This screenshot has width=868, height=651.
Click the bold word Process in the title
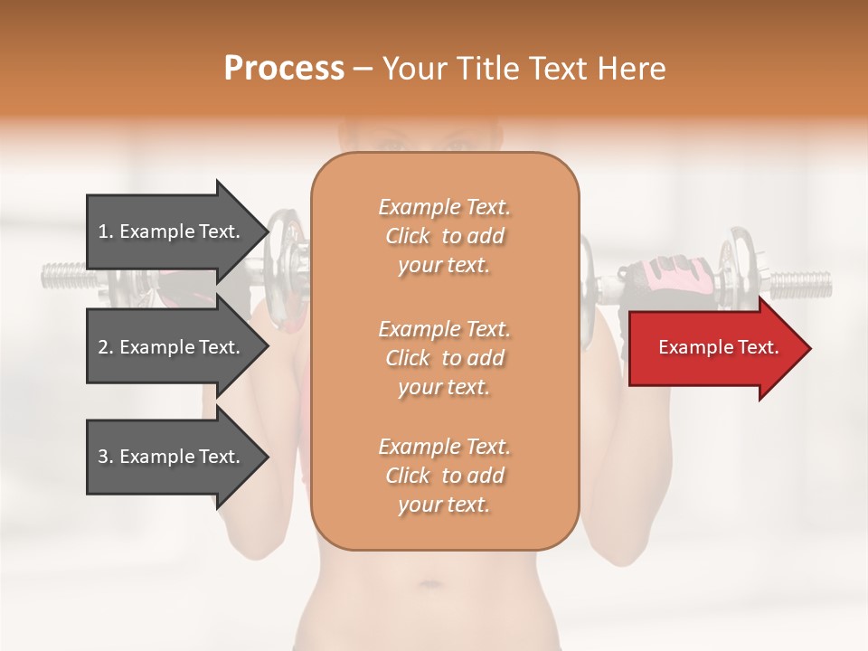pyautogui.click(x=284, y=69)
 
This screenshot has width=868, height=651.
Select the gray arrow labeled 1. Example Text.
pyautogui.click(x=172, y=231)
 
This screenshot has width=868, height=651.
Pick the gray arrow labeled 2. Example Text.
pyautogui.click(x=172, y=347)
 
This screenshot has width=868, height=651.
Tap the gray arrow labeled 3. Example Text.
pyautogui.click(x=172, y=457)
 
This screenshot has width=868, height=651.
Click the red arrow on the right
pyautogui.click(x=714, y=348)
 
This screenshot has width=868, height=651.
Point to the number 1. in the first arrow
pyautogui.click(x=107, y=231)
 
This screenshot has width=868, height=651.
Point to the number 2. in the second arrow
pyautogui.click(x=107, y=347)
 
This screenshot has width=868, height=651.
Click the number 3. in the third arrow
pyautogui.click(x=107, y=457)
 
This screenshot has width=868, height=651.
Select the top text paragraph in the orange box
pyautogui.click(x=444, y=236)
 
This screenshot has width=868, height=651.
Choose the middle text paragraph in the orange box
pyautogui.click(x=444, y=358)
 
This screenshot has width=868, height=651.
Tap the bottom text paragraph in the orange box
pyautogui.click(x=444, y=476)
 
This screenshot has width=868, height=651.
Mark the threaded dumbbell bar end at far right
pyautogui.click(x=801, y=284)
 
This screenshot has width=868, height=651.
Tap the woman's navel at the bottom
pyautogui.click(x=433, y=585)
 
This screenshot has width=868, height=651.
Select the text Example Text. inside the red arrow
pyautogui.click(x=718, y=347)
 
